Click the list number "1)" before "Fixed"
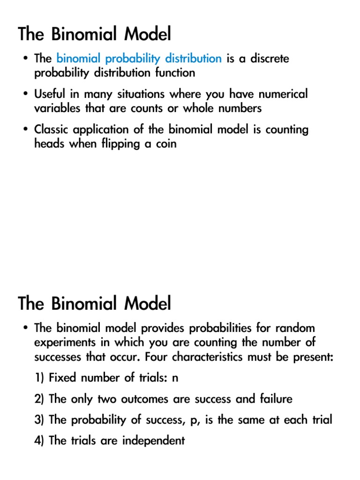39,379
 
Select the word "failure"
276,399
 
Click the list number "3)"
39,420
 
